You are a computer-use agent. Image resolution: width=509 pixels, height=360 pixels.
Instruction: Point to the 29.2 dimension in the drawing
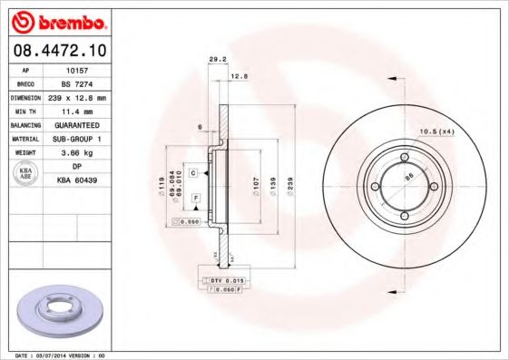(x=217, y=59)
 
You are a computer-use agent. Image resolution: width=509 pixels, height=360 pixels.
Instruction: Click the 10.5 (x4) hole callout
(x=435, y=132)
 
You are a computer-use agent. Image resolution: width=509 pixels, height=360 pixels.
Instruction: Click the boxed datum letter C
(x=193, y=170)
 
